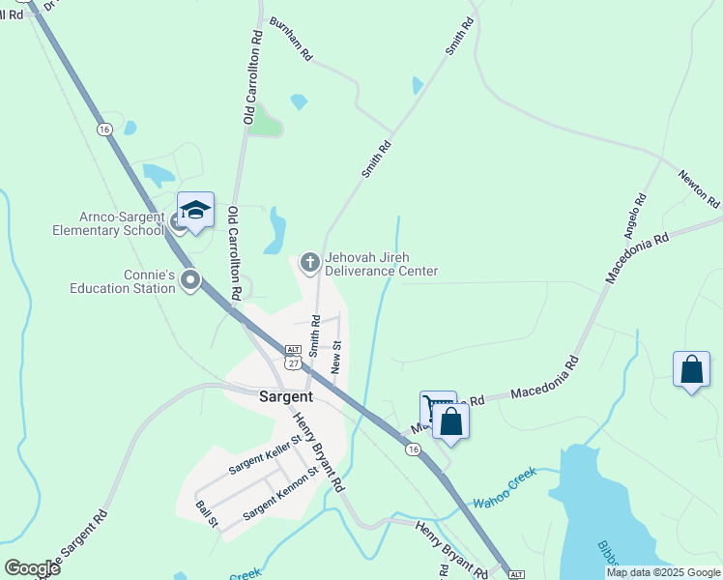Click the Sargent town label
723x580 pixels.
click(286, 396)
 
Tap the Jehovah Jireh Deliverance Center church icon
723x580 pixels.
click(310, 261)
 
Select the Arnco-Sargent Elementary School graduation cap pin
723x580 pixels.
click(195, 210)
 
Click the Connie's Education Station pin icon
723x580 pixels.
click(190, 281)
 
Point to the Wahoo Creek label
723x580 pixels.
click(504, 503)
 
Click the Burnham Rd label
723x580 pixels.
click(291, 39)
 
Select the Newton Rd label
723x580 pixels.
click(699, 189)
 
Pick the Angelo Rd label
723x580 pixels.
click(634, 217)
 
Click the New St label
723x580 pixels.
click(336, 357)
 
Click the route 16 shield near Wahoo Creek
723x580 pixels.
click(413, 449)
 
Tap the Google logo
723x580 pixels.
click(32, 567)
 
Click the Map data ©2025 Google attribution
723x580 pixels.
click(662, 572)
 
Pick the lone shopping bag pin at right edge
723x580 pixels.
click(691, 369)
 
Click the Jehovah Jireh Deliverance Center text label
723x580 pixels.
click(381, 265)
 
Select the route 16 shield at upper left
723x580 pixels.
click(104, 129)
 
